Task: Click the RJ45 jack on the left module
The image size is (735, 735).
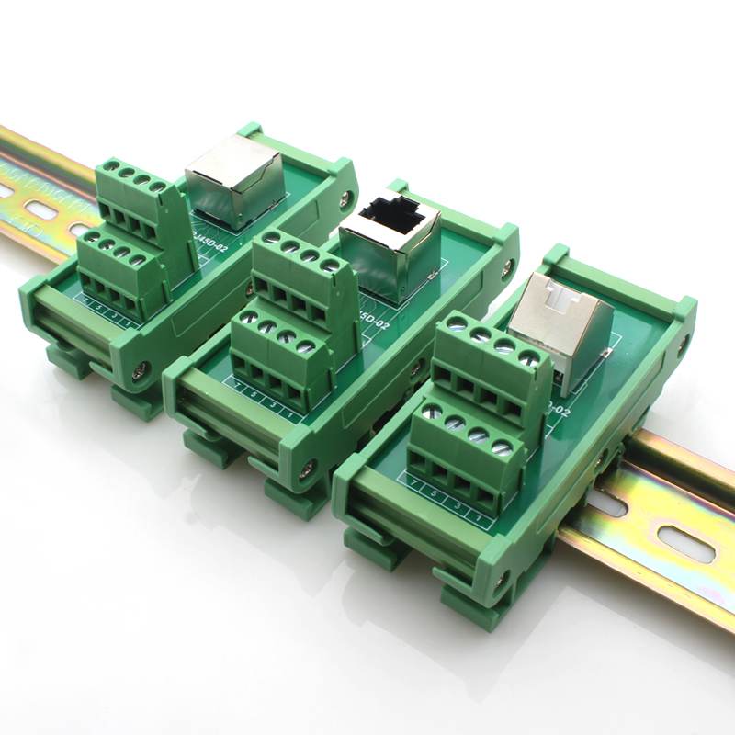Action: coord(233,180)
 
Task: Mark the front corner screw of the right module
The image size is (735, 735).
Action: coord(502,580)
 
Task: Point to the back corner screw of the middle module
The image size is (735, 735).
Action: coord(508,266)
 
